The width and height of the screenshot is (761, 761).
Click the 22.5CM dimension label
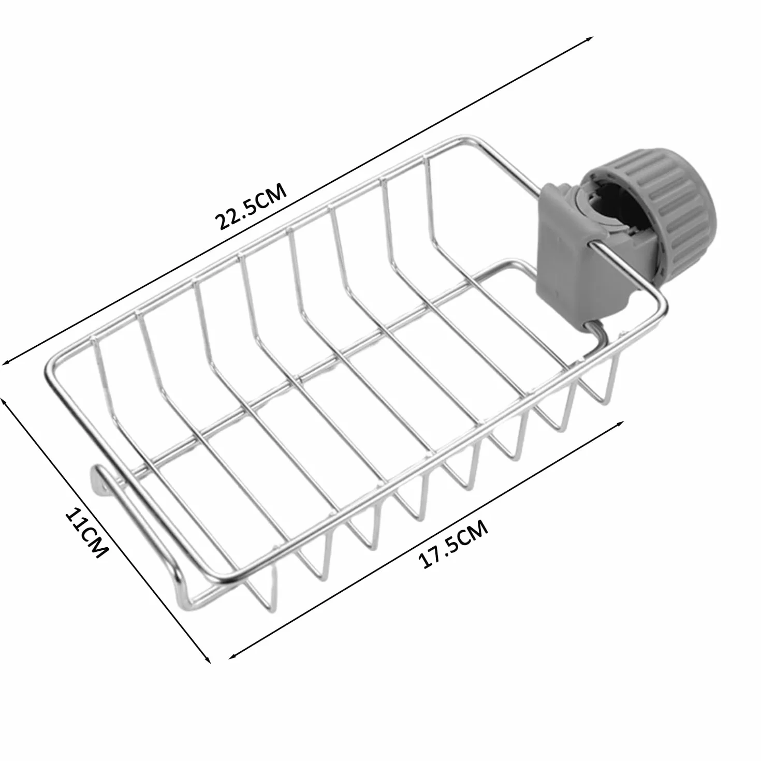coord(251,206)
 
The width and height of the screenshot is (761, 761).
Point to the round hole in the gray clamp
coord(610,206)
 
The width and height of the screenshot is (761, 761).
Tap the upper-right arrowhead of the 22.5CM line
coord(590,39)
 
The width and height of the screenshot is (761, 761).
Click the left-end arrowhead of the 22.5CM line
coord(6,362)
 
